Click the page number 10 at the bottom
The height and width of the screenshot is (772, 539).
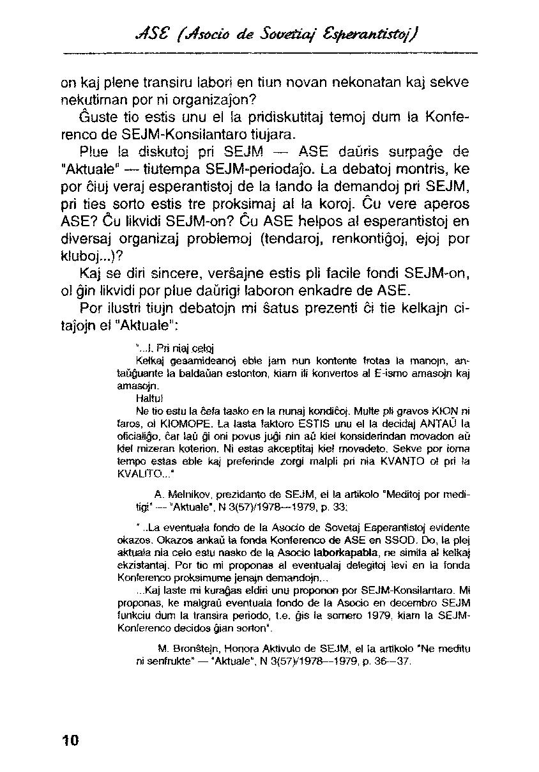tap(70, 740)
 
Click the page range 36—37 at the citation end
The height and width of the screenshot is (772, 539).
tap(393, 661)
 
